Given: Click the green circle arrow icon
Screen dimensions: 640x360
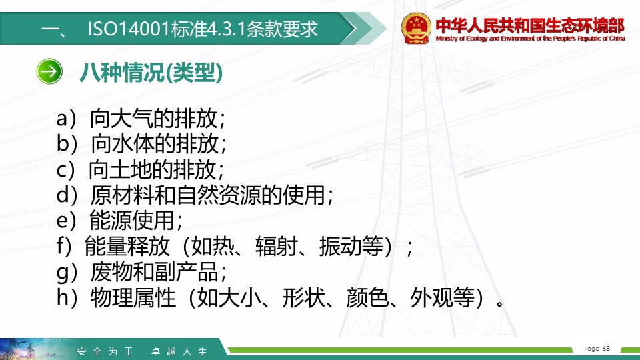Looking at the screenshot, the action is [49, 71].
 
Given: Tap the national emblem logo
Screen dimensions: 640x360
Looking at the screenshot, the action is [416, 28].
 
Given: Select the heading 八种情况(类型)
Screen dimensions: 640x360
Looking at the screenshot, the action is [151, 73].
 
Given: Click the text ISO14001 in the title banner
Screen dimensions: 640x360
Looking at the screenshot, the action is [129, 29].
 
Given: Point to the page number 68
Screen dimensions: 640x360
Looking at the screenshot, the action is [606, 348].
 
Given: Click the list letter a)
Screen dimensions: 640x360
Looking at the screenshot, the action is [67, 119].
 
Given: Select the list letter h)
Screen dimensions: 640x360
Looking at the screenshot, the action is [67, 297].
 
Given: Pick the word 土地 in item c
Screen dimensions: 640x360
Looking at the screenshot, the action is [131, 169].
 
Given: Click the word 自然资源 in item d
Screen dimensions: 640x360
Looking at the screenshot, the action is [219, 195].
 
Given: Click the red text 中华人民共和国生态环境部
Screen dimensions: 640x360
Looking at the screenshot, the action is [530, 25].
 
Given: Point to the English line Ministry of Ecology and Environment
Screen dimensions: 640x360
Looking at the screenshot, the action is [530, 39].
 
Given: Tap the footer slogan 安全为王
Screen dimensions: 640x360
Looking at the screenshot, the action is [105, 351].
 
